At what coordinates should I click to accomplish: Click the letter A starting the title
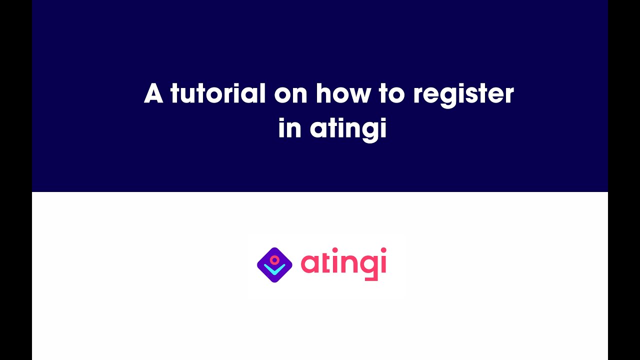[154, 93]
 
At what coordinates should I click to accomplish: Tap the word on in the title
[290, 94]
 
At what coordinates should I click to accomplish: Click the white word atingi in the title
[348, 129]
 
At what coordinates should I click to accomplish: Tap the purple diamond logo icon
[274, 265]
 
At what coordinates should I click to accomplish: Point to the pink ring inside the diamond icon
[274, 260]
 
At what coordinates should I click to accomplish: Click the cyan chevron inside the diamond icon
[274, 270]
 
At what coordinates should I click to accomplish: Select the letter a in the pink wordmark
[310, 264]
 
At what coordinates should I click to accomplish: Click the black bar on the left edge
[15, 180]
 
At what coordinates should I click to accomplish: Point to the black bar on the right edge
[624, 180]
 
